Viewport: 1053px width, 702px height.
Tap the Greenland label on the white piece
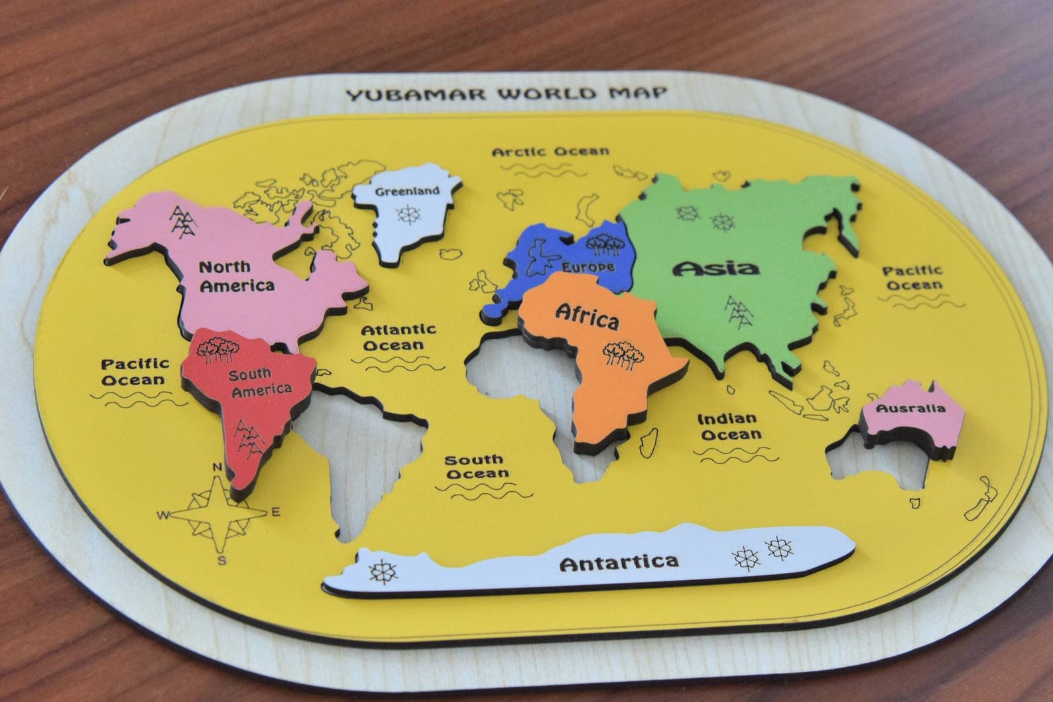point(407,192)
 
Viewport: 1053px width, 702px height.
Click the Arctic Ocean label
point(550,151)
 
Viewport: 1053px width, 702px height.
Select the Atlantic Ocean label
point(398,337)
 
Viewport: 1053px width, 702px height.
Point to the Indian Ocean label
point(728,426)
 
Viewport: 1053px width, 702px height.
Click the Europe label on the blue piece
point(588,266)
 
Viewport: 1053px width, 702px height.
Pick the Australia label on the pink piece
point(910,408)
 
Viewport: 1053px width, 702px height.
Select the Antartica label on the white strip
point(619,563)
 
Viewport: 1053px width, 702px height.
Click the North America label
point(235,276)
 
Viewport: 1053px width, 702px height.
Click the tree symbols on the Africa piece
point(623,355)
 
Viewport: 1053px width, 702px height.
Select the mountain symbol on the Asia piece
point(738,312)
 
